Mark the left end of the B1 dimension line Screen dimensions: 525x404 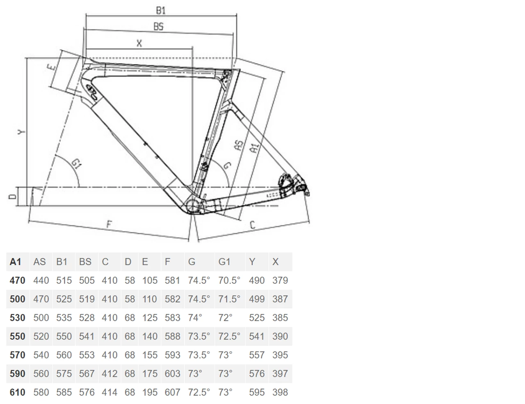pos(86,16)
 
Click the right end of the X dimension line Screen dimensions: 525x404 pos(192,49)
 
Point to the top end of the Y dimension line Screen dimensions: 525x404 pos(26,58)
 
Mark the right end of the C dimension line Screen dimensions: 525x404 pos(309,221)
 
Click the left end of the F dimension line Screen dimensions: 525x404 pos(29,221)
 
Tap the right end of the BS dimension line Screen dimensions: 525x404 pos(233,35)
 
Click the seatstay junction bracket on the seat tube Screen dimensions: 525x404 pos(227,106)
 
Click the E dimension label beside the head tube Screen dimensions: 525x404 pos(51,67)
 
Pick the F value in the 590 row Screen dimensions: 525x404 pos(172,374)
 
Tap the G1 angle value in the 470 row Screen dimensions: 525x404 pos(229,280)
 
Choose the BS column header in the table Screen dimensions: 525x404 pos(85,262)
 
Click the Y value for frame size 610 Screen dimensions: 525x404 pos(257,392)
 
